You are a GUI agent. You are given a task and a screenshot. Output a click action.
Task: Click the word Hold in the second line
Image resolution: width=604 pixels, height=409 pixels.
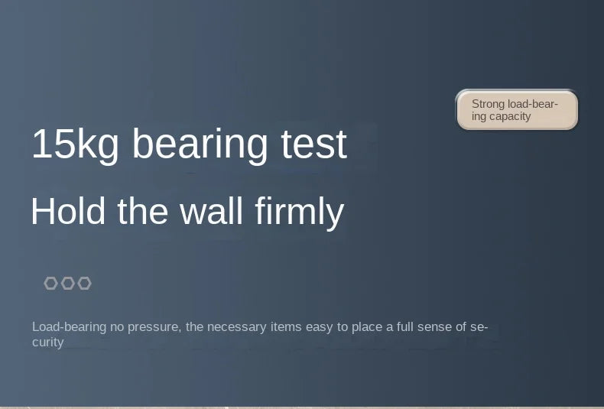tap(68, 211)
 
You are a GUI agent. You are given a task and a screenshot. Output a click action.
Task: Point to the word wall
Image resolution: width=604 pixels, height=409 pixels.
tap(212, 211)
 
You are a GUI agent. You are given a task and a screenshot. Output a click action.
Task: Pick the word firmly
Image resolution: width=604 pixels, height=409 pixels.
tap(299, 213)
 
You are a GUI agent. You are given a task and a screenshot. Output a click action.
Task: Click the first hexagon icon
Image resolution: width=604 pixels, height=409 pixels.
tap(51, 283)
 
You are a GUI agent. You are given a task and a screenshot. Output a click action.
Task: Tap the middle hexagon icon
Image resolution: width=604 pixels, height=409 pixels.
tap(68, 283)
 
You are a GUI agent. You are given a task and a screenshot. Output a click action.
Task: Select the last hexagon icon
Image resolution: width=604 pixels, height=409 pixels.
tap(84, 283)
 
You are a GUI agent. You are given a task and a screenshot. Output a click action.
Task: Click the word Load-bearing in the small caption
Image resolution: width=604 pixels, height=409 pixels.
tap(70, 327)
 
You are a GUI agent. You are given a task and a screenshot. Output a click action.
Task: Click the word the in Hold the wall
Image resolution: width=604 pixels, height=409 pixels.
tap(142, 211)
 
